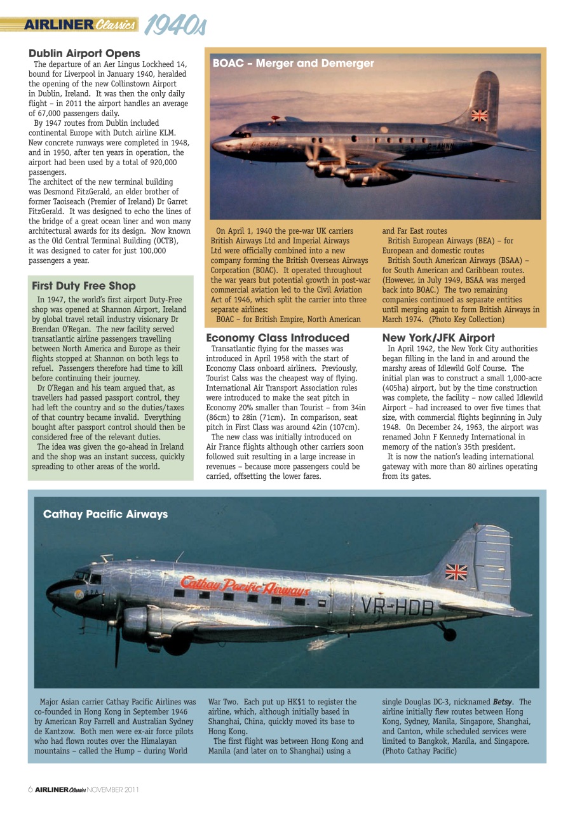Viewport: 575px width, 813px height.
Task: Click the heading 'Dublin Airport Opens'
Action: [84, 53]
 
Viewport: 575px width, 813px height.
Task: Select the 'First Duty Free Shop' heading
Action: [83, 286]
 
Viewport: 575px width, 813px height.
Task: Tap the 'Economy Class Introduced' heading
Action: [278, 338]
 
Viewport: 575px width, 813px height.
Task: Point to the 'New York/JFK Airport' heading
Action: [438, 338]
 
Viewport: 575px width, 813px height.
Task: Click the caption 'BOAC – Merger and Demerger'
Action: [293, 64]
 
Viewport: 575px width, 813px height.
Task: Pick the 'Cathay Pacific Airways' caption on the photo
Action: [105, 514]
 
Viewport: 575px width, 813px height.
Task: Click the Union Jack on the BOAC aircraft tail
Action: [479, 116]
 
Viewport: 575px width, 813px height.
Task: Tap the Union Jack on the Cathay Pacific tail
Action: [456, 572]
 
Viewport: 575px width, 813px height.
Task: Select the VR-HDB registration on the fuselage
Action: [397, 607]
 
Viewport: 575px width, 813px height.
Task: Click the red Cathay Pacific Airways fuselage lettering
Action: [245, 586]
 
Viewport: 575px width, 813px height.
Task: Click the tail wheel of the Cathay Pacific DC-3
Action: [449, 633]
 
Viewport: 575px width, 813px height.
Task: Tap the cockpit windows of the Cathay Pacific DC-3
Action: [87, 578]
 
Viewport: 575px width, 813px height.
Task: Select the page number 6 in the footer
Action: [30, 789]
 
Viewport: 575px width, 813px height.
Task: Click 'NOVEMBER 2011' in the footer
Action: [113, 789]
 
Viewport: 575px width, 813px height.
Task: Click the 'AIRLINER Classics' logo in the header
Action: [79, 25]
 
